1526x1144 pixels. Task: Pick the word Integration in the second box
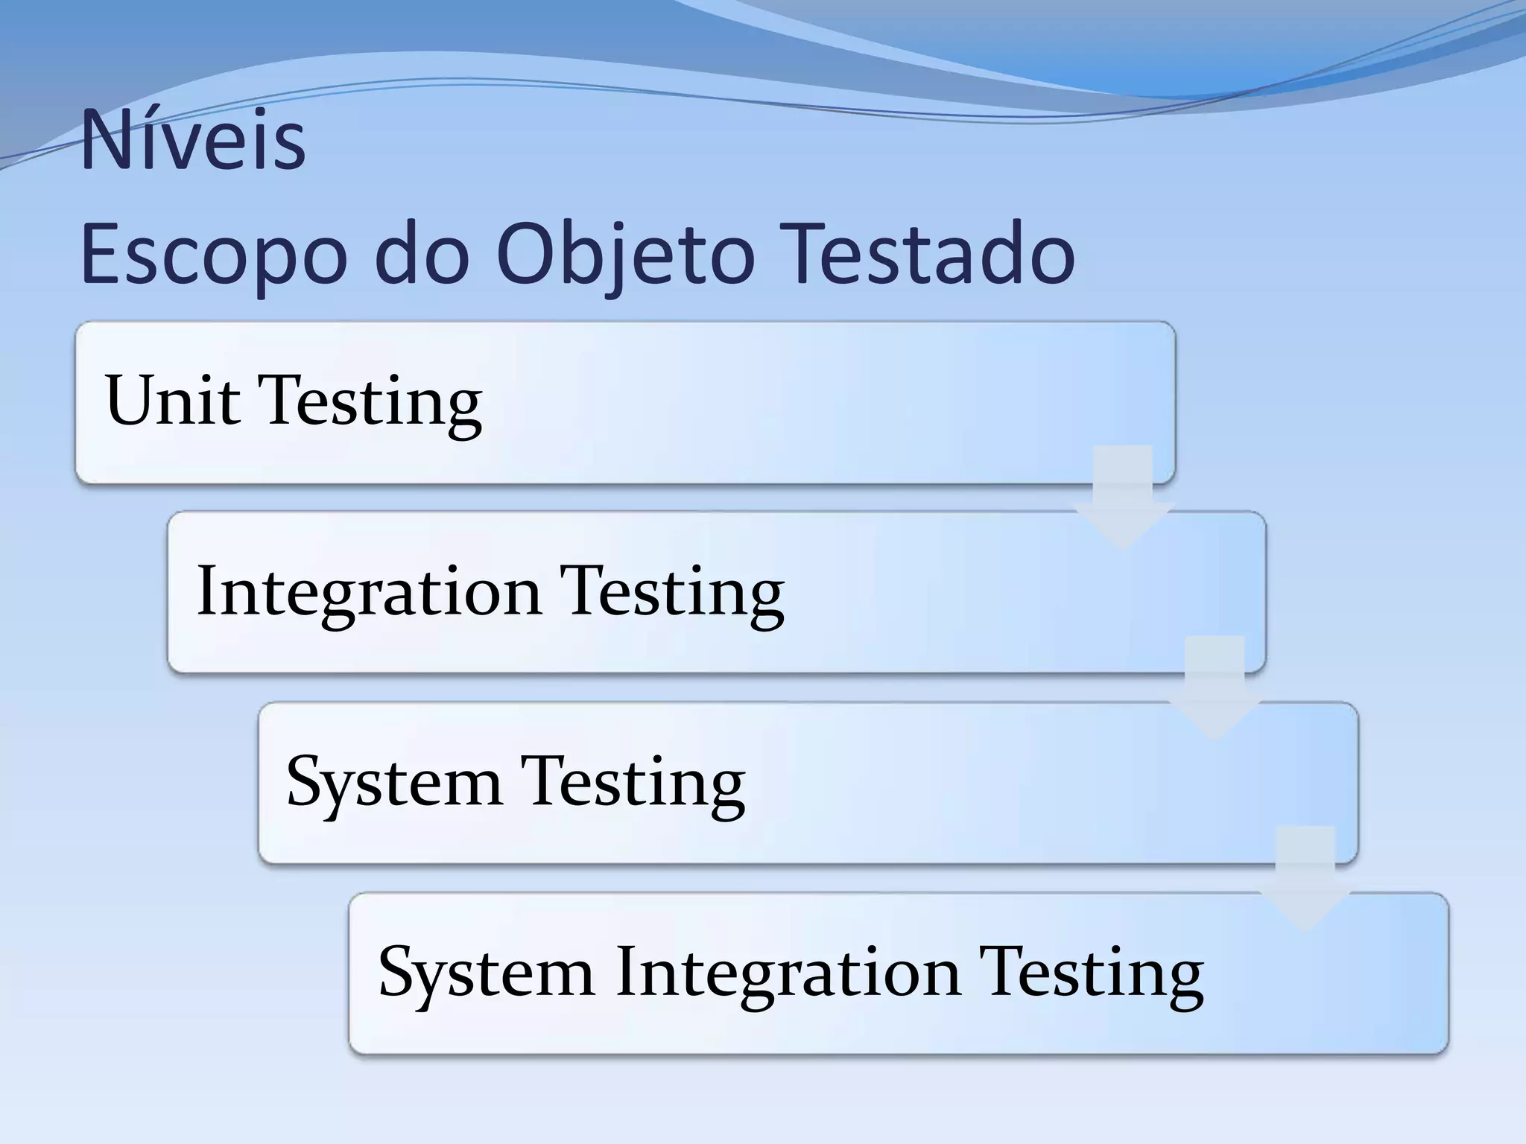tap(369, 593)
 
